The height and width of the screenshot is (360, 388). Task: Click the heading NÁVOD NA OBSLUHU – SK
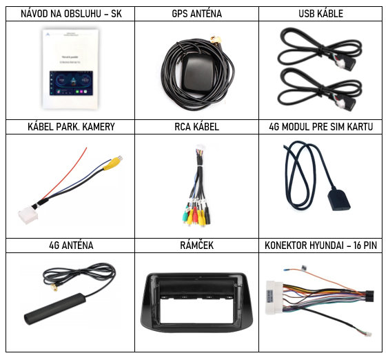(x=71, y=14)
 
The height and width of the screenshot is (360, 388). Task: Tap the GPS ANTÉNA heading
(x=196, y=14)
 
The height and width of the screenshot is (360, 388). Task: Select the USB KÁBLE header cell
(x=320, y=14)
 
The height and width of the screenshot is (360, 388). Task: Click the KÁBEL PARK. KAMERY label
(x=71, y=127)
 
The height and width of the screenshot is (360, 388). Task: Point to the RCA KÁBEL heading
(x=196, y=127)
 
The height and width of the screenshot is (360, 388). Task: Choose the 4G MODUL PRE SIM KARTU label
(x=320, y=127)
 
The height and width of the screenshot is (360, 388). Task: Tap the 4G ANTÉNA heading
(x=71, y=246)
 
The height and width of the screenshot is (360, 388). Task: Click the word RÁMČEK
(x=196, y=245)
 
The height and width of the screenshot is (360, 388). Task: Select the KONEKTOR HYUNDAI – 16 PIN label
(x=320, y=246)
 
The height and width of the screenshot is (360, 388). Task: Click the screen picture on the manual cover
(x=71, y=83)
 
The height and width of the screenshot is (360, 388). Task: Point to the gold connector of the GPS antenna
(x=216, y=40)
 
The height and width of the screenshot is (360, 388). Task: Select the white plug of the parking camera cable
(x=28, y=214)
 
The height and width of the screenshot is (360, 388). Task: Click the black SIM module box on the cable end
(x=339, y=200)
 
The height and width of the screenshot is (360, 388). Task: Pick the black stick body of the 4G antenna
(x=55, y=309)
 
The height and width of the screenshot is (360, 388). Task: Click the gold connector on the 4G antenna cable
(x=54, y=287)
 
